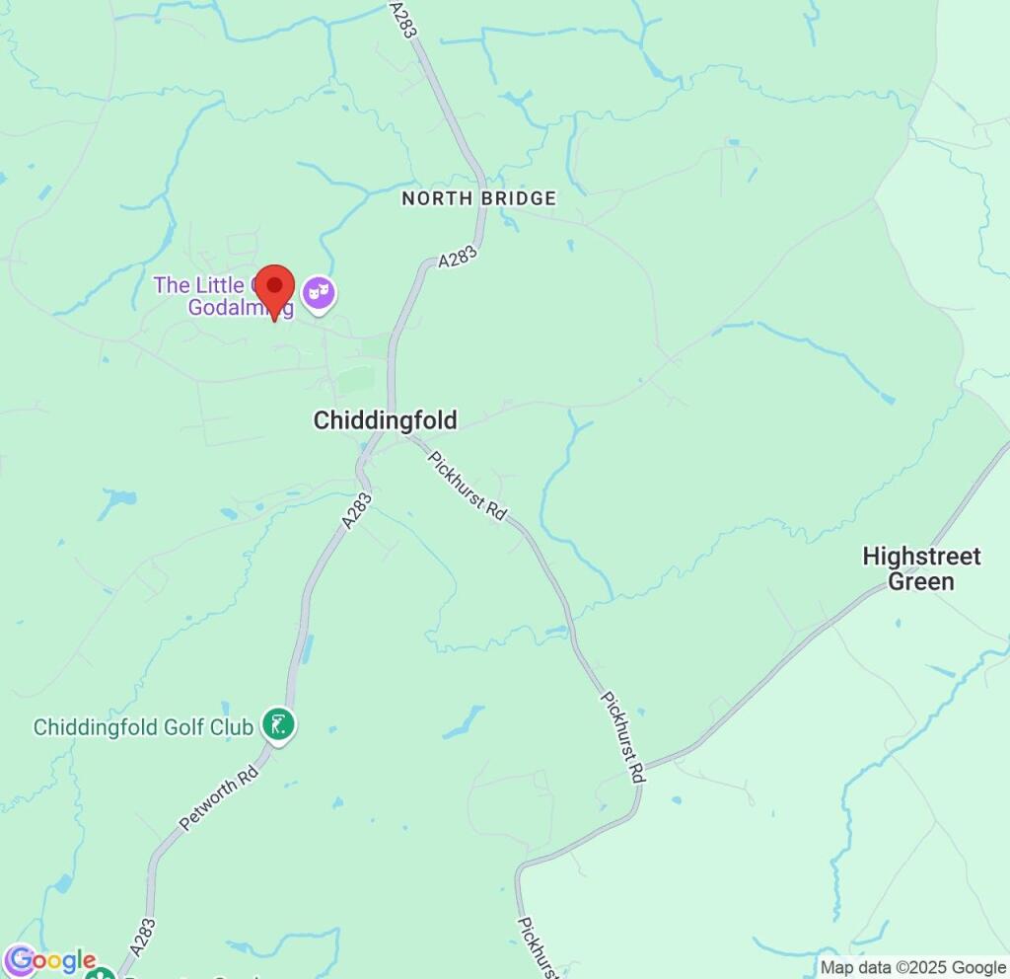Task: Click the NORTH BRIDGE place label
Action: tap(478, 198)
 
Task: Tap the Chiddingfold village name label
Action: tap(385, 421)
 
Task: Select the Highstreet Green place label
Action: tap(921, 568)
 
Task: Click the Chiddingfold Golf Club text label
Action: tap(143, 727)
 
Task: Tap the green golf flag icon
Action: tap(279, 726)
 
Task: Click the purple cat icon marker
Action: tap(319, 293)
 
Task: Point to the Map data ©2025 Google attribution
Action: tap(912, 968)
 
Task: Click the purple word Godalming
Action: tap(241, 308)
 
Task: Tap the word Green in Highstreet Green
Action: tap(921, 581)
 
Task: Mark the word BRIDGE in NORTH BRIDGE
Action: tap(519, 198)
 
